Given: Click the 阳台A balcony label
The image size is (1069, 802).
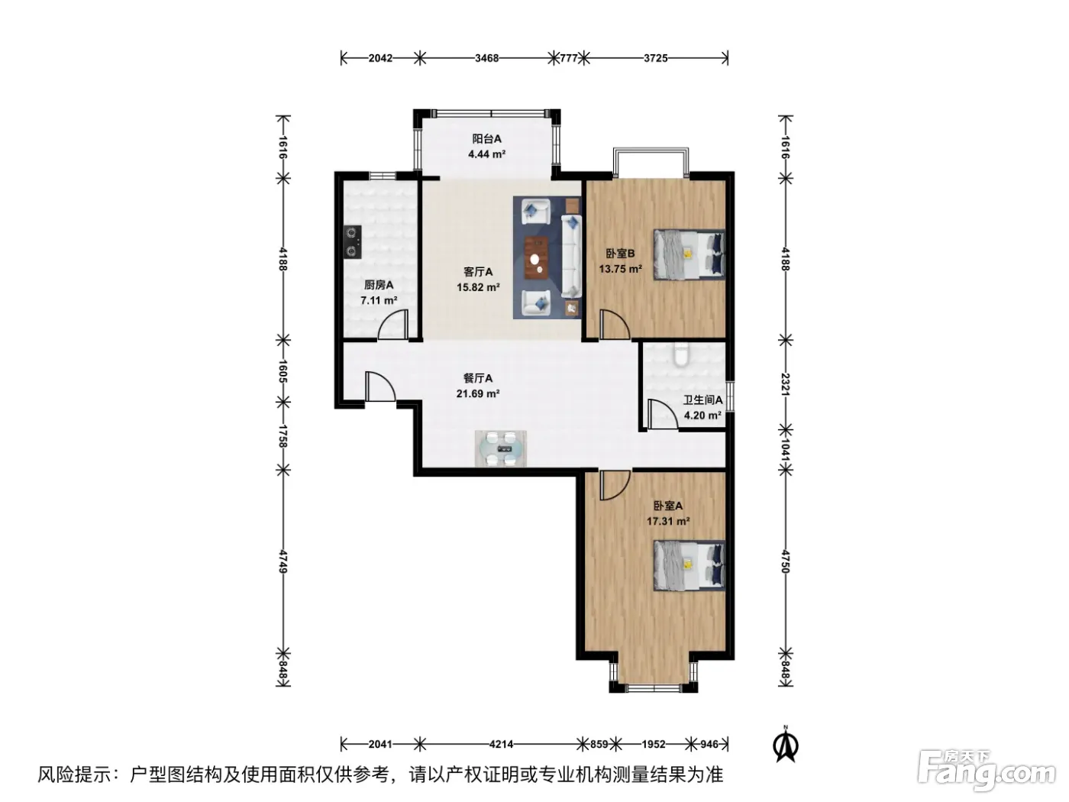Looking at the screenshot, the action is pyautogui.click(x=486, y=139).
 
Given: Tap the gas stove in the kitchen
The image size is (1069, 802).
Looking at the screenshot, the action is pyautogui.click(x=352, y=242).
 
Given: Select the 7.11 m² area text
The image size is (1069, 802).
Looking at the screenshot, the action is pyautogui.click(x=379, y=300).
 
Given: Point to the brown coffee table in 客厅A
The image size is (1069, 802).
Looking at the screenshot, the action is pyautogui.click(x=536, y=257).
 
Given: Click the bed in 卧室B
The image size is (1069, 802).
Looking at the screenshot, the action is pyautogui.click(x=690, y=254).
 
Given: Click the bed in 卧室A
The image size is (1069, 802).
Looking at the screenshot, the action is pyautogui.click(x=690, y=565).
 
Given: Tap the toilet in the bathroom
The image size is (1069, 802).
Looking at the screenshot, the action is pyautogui.click(x=680, y=354).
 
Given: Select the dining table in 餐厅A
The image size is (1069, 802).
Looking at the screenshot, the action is pyautogui.click(x=501, y=448).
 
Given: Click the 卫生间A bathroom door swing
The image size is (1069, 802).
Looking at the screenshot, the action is pyautogui.click(x=662, y=415).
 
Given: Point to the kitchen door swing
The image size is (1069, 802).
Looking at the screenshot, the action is pyautogui.click(x=392, y=324).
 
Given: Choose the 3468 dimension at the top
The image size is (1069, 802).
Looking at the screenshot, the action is pyautogui.click(x=486, y=59).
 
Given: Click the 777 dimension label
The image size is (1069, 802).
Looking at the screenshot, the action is pyautogui.click(x=568, y=59).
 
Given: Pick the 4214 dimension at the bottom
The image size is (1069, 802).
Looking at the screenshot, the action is pyautogui.click(x=501, y=744).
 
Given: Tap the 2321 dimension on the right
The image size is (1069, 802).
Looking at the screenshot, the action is pyautogui.click(x=785, y=385).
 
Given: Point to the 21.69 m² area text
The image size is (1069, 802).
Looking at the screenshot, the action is pyautogui.click(x=478, y=393).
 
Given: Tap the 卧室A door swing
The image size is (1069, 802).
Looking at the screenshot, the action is pyautogui.click(x=615, y=486).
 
